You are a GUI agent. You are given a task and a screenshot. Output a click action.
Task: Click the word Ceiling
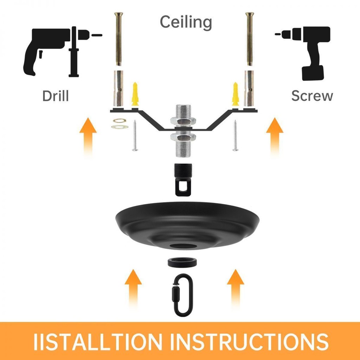coord(186,22)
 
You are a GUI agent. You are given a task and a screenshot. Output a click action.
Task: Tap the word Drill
coord(56,96)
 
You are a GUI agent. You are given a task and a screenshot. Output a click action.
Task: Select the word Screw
coord(312,96)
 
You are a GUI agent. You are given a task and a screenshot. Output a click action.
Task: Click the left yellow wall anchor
coord(135,94)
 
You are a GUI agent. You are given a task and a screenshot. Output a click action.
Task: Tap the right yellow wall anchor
coord(235,94)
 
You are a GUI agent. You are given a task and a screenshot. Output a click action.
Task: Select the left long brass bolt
coord(118,39)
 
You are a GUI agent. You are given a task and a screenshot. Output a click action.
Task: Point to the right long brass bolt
coord(250,39)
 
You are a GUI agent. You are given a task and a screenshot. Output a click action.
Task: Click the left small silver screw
coord(135,135)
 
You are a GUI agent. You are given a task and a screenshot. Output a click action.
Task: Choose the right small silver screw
coord(235,135)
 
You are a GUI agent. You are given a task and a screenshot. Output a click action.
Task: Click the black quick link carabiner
coord(182,295)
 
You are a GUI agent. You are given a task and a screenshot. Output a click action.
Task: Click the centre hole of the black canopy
coord(183,246)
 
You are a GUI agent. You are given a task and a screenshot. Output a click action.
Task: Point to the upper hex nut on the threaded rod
coord(183,120)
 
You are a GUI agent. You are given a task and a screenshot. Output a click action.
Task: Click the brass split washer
coord(120,121)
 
